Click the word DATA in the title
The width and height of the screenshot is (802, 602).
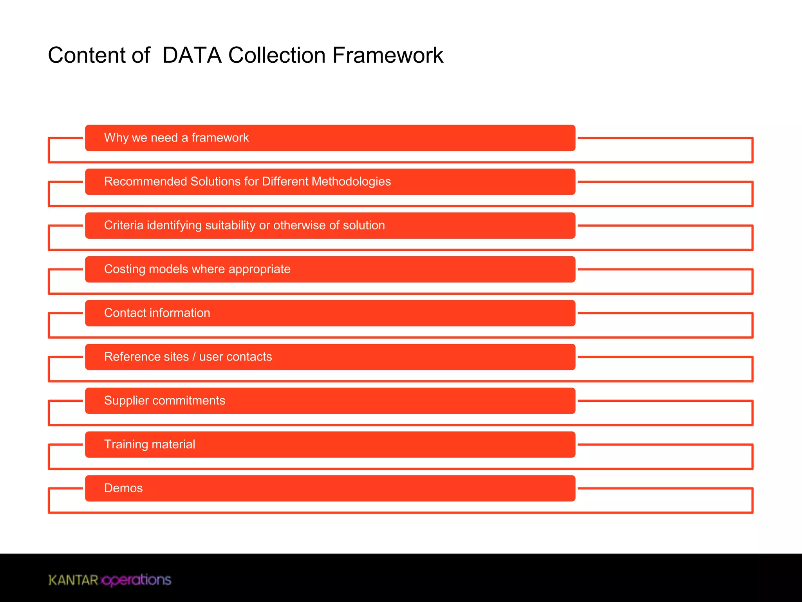coord(192,55)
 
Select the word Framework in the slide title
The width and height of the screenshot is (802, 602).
coord(388,55)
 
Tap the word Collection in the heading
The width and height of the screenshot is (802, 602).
coord(277,55)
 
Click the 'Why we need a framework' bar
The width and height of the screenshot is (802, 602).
coord(330,138)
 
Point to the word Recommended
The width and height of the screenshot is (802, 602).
coord(145,181)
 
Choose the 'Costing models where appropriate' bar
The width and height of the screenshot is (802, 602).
coord(330,269)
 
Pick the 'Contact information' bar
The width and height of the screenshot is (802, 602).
coord(330,313)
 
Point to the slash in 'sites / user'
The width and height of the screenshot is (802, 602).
coord(194,357)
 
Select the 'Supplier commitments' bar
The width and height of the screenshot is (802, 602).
coord(330,401)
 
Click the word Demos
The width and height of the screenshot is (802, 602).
coord(123,488)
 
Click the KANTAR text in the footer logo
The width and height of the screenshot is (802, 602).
coord(73,580)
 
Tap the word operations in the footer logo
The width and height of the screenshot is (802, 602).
coord(136,580)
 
